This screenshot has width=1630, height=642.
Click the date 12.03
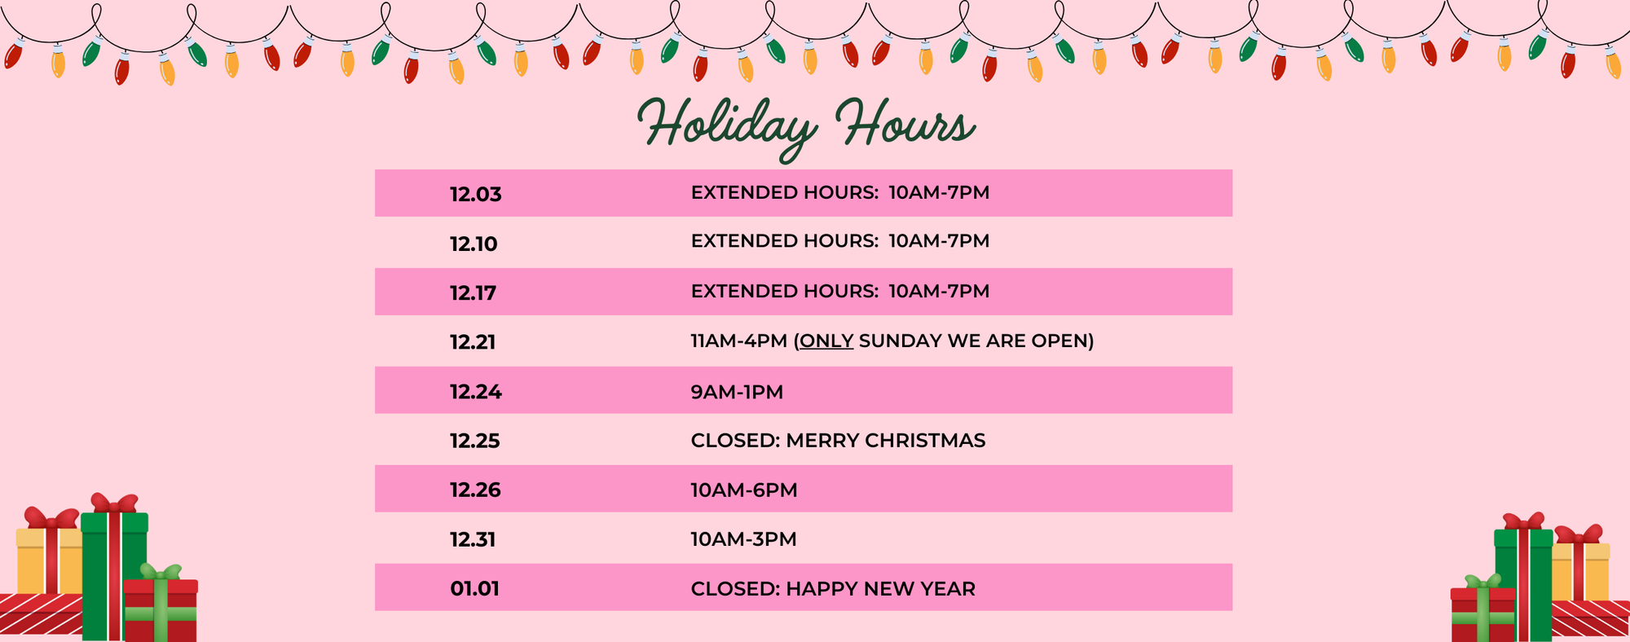point(476,195)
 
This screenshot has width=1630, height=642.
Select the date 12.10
point(474,244)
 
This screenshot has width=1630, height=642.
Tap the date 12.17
point(474,293)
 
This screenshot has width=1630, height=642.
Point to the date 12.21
point(473,342)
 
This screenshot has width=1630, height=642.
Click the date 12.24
point(476,392)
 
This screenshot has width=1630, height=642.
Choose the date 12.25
point(475,441)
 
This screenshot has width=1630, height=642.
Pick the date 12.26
point(475,490)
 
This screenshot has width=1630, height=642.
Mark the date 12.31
point(473,539)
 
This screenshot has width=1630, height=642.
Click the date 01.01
point(474,588)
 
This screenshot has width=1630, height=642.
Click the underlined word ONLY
point(826,341)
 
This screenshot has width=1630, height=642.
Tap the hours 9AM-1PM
point(737,392)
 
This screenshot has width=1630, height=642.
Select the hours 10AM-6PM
point(744,490)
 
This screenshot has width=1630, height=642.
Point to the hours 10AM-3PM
point(744,539)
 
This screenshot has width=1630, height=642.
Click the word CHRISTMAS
point(927,441)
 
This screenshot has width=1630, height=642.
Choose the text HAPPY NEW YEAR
point(880,588)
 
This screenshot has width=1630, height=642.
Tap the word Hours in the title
point(905,124)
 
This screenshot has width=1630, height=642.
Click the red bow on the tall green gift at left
point(114,503)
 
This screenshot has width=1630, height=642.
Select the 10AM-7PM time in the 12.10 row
point(939,241)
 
